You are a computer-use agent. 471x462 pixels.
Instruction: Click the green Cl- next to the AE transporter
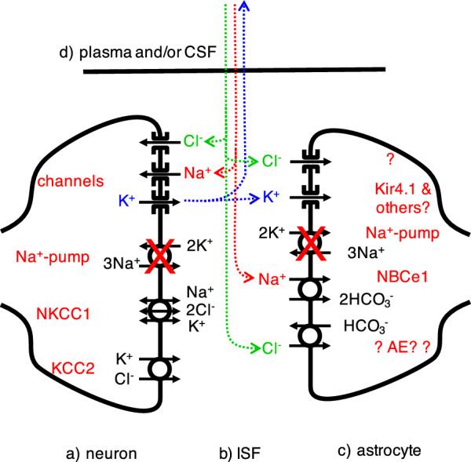pos(269,347)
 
